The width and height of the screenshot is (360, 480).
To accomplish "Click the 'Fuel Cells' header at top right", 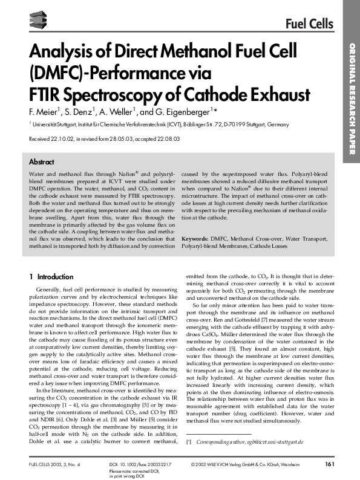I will point(310,24).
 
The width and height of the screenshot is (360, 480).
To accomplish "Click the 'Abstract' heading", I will point(42,163).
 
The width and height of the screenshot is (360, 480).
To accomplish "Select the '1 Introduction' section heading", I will point(51,277).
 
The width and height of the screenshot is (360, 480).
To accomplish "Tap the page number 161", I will point(330,464).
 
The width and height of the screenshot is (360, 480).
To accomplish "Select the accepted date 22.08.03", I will point(166,139).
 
